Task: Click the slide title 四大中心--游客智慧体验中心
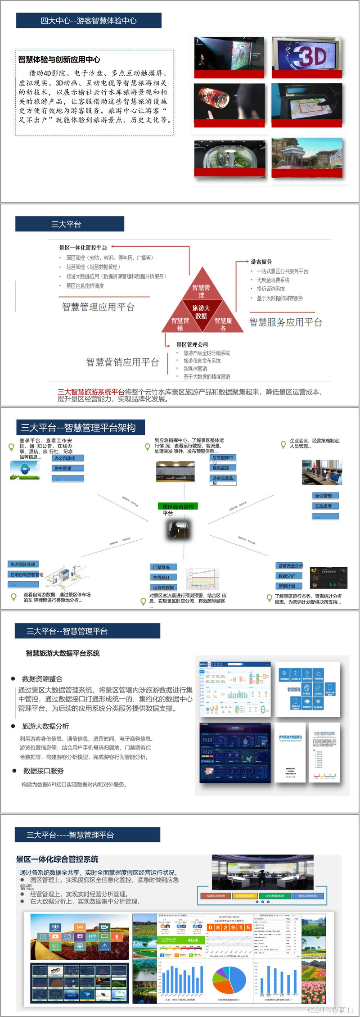(x=89, y=21)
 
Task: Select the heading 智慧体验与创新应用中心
(x=59, y=59)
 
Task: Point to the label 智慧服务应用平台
(x=286, y=322)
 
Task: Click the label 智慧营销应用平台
(x=122, y=362)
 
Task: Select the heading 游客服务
(x=261, y=262)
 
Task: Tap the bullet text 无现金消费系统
(x=273, y=280)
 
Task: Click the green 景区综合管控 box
(x=178, y=506)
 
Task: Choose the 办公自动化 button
(x=67, y=458)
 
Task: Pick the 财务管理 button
(x=67, y=469)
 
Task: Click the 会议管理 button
(x=325, y=496)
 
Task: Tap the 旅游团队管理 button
(x=23, y=564)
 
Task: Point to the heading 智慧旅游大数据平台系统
(x=63, y=653)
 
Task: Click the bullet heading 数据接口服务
(x=43, y=771)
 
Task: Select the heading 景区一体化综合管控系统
(x=57, y=859)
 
